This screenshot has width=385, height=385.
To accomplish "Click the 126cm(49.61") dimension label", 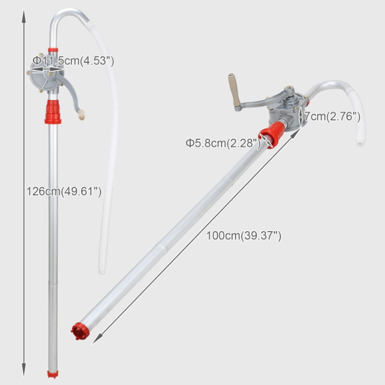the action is (x=64, y=191).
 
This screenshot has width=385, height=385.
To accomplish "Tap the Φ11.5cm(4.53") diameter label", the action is (x=73, y=61).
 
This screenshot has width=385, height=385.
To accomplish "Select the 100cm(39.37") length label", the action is (x=244, y=236).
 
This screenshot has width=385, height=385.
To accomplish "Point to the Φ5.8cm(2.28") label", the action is (x=223, y=143).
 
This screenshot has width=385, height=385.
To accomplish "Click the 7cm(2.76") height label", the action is (x=332, y=117).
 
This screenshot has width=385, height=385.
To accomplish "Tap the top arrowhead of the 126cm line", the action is (x=24, y=16).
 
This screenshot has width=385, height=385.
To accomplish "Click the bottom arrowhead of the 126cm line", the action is (x=24, y=369).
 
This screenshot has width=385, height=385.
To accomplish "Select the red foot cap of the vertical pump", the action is (x=53, y=374).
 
